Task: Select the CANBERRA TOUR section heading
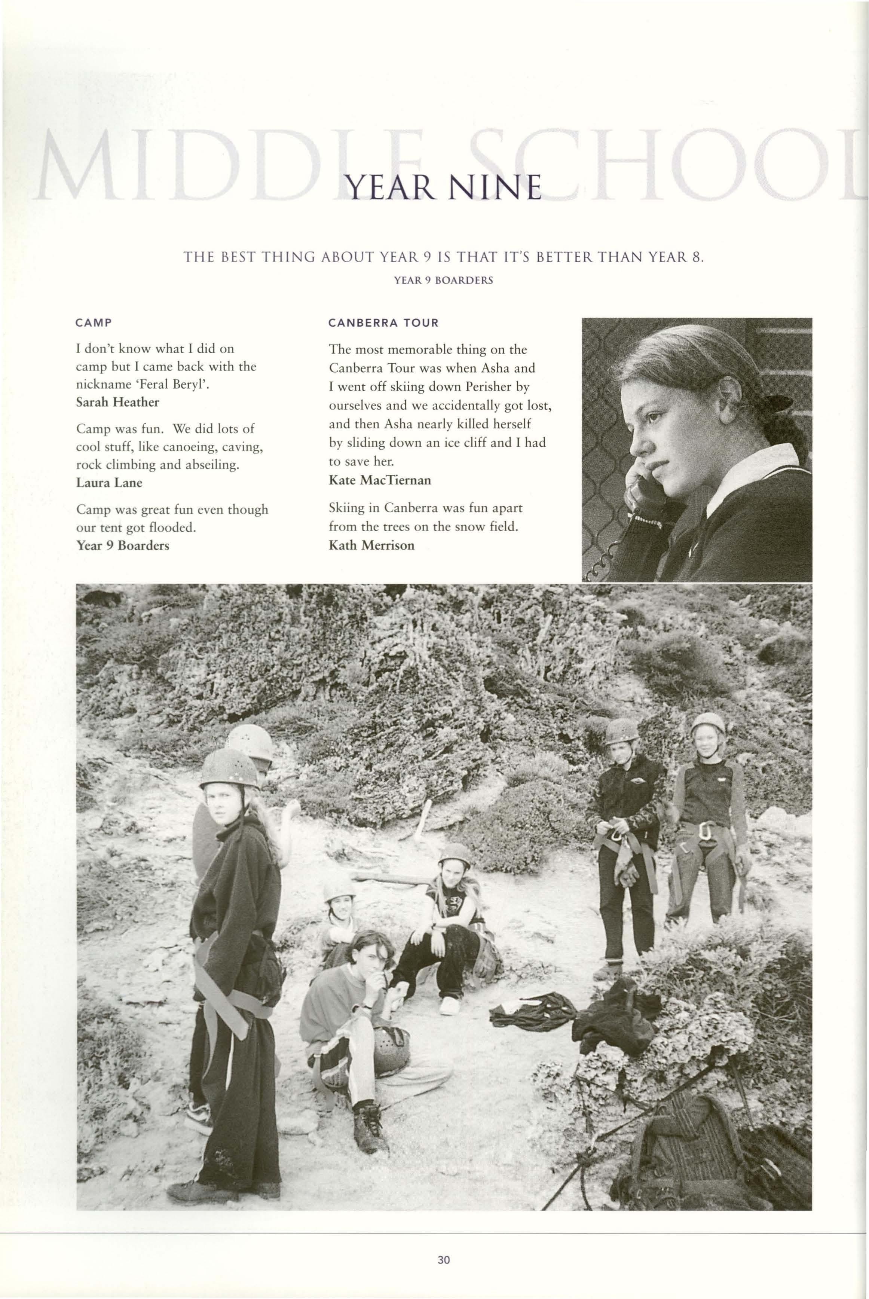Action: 383,323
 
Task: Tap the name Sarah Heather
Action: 117,402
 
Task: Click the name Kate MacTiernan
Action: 380,480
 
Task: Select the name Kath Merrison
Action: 371,545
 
